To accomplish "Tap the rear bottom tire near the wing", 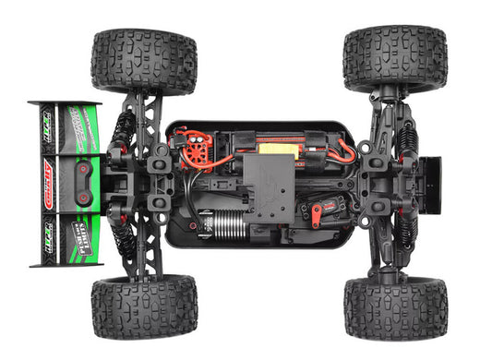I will [x=143, y=306].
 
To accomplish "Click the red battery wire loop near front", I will [x=344, y=147].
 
